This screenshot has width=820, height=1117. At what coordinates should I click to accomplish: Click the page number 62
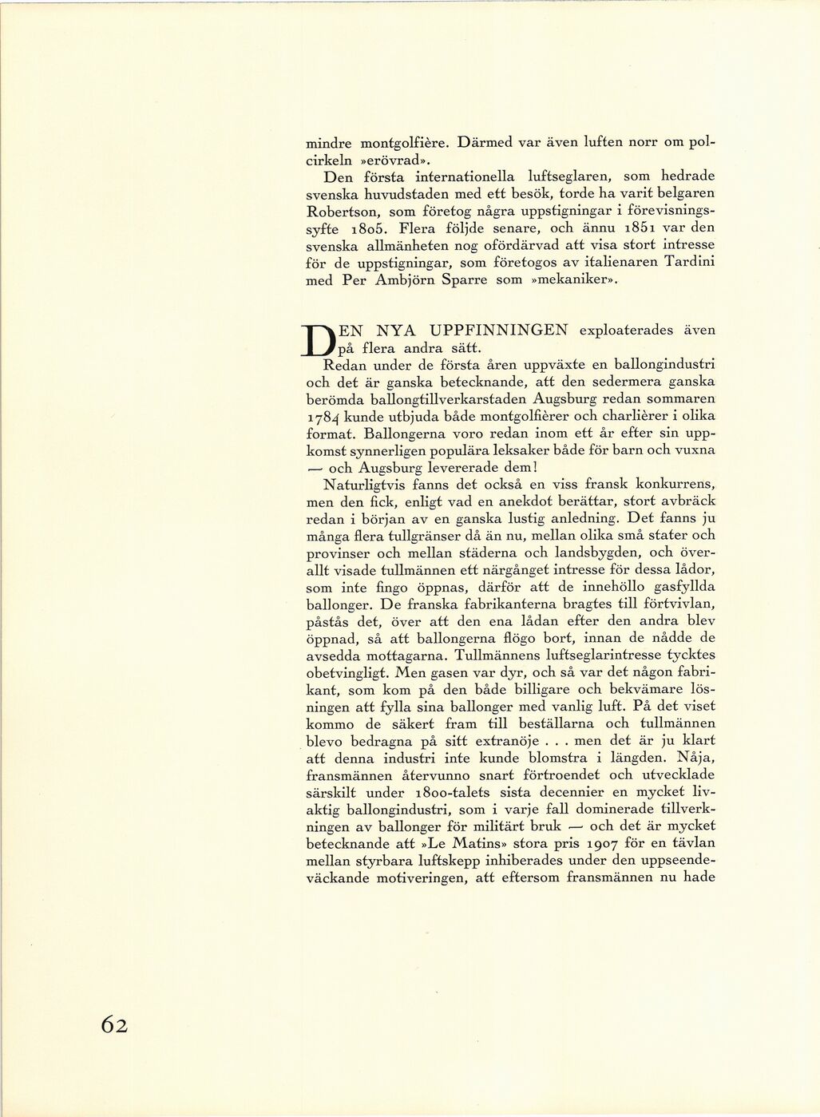(114, 1024)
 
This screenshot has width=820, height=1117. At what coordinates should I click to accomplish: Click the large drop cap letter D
(322, 339)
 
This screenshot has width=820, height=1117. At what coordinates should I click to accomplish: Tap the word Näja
(695, 758)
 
